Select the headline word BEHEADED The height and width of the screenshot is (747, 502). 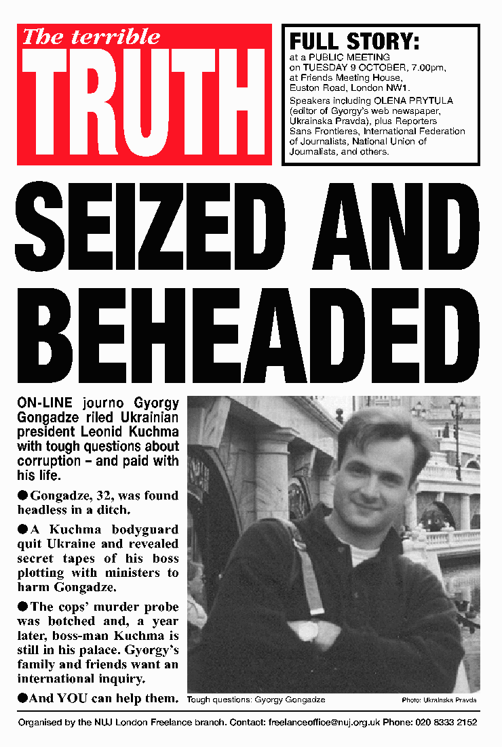click(250, 341)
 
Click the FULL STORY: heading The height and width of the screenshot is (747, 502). click(354, 42)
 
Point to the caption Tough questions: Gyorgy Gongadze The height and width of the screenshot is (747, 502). click(256, 700)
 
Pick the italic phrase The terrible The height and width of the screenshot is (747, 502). click(91, 37)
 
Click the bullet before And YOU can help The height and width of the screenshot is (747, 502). click(22, 698)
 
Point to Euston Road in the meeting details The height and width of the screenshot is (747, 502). click(314, 88)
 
